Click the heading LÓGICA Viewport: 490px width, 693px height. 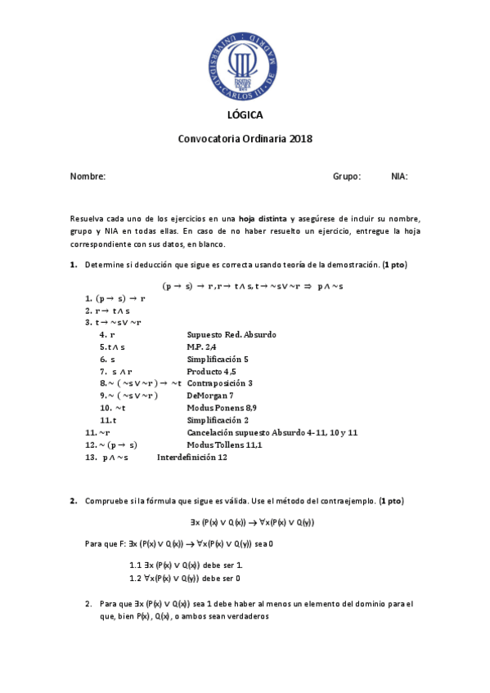click(245, 115)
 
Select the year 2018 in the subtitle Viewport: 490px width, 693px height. click(300, 139)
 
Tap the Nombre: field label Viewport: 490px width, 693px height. click(88, 177)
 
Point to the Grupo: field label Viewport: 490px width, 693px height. click(347, 177)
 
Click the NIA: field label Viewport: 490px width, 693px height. click(399, 177)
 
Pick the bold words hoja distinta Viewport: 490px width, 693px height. click(263, 220)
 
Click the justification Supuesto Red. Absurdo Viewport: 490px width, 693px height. click(232, 334)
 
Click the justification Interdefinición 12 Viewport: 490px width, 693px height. click(191, 457)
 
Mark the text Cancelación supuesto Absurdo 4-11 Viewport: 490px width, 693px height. click(254, 432)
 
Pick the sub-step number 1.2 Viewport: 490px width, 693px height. click(136, 578)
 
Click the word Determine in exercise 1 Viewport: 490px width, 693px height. click(105, 266)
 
